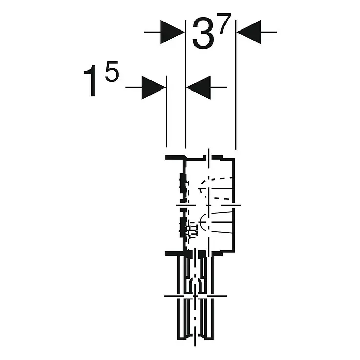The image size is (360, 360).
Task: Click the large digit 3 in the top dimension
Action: tap(202, 34)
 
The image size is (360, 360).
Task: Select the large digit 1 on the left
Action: tap(91, 81)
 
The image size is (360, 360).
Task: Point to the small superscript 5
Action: tap(112, 71)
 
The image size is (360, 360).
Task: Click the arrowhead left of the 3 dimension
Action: tap(172, 32)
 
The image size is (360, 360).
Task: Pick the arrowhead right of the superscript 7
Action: tap(249, 32)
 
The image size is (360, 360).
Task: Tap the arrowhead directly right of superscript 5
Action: tap(154, 87)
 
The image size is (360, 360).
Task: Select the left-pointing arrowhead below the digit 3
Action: tap(199, 87)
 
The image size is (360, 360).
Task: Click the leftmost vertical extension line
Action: tap(166, 111)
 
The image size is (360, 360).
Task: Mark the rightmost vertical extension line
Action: tap(236, 85)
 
